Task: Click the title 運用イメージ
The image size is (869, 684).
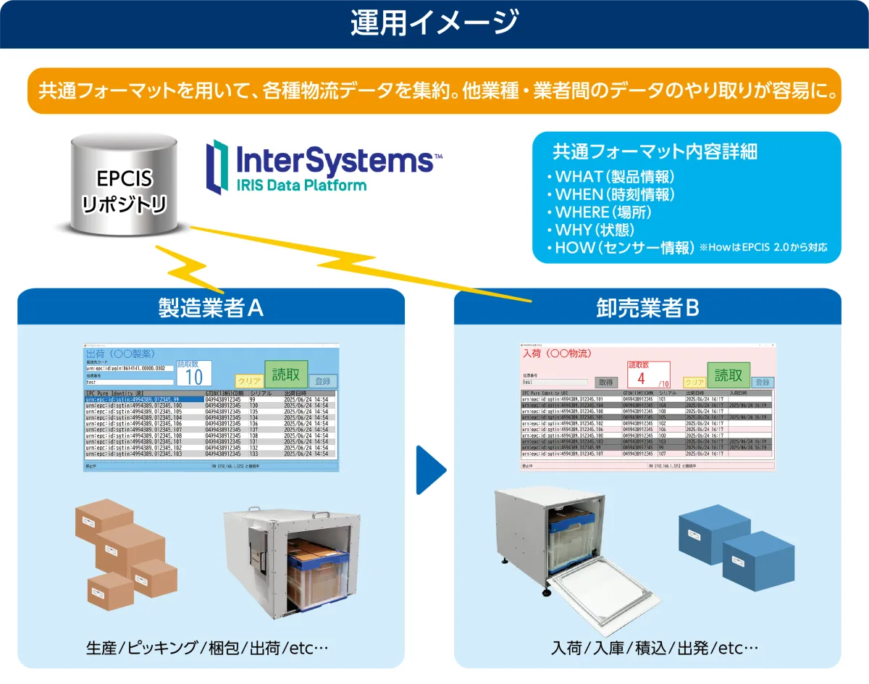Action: pyautogui.click(x=434, y=23)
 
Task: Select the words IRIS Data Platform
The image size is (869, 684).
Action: pyautogui.click(x=301, y=185)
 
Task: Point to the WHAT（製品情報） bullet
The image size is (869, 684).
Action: pyautogui.click(x=615, y=177)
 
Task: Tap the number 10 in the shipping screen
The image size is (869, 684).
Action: pyautogui.click(x=194, y=377)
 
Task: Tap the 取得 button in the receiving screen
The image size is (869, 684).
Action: pyautogui.click(x=605, y=382)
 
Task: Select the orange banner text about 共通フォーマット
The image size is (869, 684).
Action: pyautogui.click(x=434, y=91)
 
